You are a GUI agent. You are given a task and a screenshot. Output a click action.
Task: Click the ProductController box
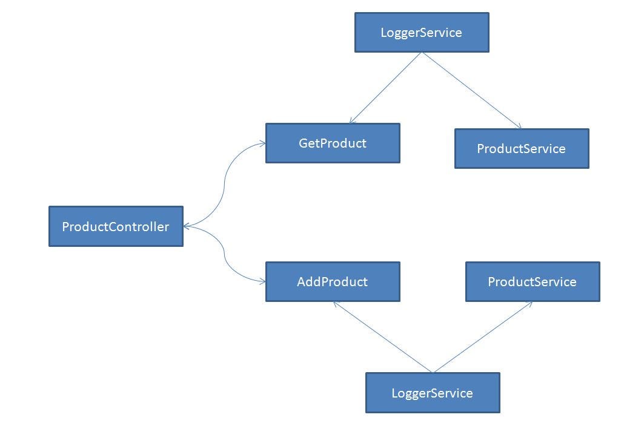[116, 226]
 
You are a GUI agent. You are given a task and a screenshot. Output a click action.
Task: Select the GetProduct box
[333, 143]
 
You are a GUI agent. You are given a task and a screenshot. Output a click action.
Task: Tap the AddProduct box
[333, 281]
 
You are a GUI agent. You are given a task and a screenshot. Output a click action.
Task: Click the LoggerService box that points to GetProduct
[422, 33]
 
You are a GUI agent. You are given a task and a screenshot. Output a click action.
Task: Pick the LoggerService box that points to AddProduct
[433, 393]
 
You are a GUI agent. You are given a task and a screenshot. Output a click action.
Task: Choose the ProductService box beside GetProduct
[522, 148]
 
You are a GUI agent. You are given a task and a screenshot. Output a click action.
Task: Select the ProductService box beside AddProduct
[533, 281]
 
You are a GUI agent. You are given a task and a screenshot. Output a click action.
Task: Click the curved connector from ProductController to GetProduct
[225, 182]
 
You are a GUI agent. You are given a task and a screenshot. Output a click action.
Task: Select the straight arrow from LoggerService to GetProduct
[386, 88]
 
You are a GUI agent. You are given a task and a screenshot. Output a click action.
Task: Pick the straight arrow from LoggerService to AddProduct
[383, 336]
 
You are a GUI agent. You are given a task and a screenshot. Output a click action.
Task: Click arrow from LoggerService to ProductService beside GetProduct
[471, 90]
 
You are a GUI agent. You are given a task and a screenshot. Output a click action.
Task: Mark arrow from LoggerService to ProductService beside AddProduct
[483, 336]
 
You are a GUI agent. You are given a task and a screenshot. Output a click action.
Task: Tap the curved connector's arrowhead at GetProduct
[262, 143]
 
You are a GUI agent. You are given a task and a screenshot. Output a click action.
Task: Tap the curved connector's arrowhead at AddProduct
[262, 281]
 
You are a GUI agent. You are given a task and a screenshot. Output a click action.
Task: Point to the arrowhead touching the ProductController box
[187, 226]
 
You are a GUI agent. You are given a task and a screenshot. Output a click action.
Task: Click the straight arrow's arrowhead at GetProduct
[352, 121]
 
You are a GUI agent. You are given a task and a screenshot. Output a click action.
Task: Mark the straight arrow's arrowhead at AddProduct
[336, 304]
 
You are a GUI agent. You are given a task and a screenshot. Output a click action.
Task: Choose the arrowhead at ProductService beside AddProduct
[529, 304]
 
